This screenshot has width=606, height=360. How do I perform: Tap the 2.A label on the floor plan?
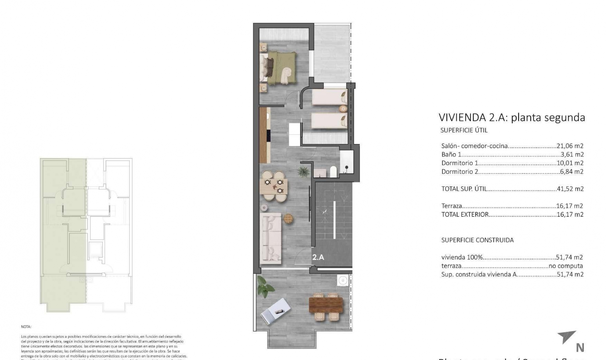tap(318, 257)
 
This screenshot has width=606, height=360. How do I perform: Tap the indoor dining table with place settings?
tap(273, 186)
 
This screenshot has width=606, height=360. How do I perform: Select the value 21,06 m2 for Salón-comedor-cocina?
tap(570, 146)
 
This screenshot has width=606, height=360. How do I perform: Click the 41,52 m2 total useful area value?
tap(570, 189)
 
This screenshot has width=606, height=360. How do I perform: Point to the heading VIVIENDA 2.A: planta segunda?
tap(512, 117)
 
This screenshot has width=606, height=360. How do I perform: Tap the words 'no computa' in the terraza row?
tap(566, 266)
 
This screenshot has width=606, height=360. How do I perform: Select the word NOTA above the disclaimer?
tap(26, 327)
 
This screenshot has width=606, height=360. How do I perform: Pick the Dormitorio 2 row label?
tap(460, 172)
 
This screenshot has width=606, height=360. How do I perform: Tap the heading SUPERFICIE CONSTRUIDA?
tap(477, 240)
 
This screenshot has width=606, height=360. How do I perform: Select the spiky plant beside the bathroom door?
tap(303, 171)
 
